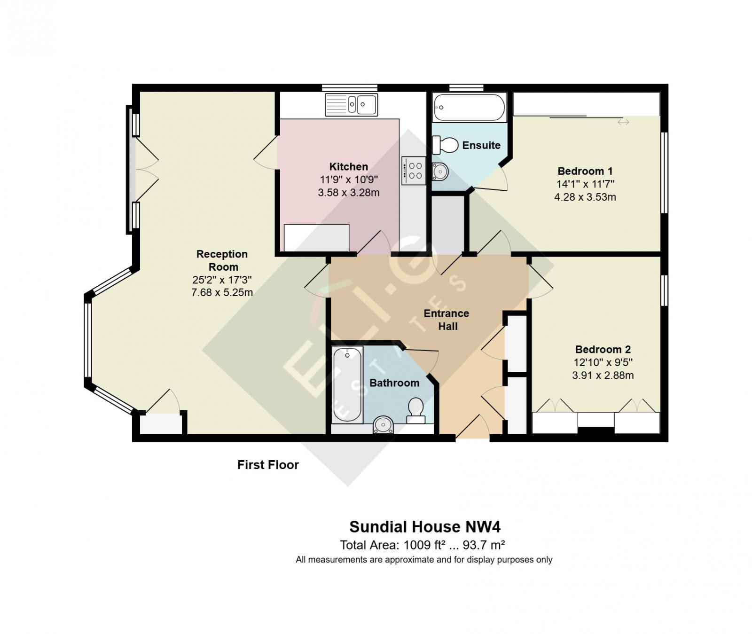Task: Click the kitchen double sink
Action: pos(352,104)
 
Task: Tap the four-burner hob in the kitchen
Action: pos(414,171)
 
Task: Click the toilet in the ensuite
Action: pos(446,145)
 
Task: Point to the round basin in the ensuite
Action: pos(440,172)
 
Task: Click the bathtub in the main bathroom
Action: pos(347,385)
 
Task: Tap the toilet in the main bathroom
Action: pos(415,410)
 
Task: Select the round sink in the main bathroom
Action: pos(383,425)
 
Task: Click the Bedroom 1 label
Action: pos(585,171)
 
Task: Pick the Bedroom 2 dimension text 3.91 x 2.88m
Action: pos(603,376)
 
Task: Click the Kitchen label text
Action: pos(348,167)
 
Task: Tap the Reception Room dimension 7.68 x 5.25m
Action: pos(222,292)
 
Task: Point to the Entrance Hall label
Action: pos(446,320)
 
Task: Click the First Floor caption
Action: pos(268,465)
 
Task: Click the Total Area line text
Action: pos(422,545)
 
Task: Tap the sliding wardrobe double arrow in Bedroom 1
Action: pos(623,122)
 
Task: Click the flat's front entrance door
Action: pos(472,428)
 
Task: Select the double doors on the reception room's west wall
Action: pos(146,170)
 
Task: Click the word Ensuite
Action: pos(481,145)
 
